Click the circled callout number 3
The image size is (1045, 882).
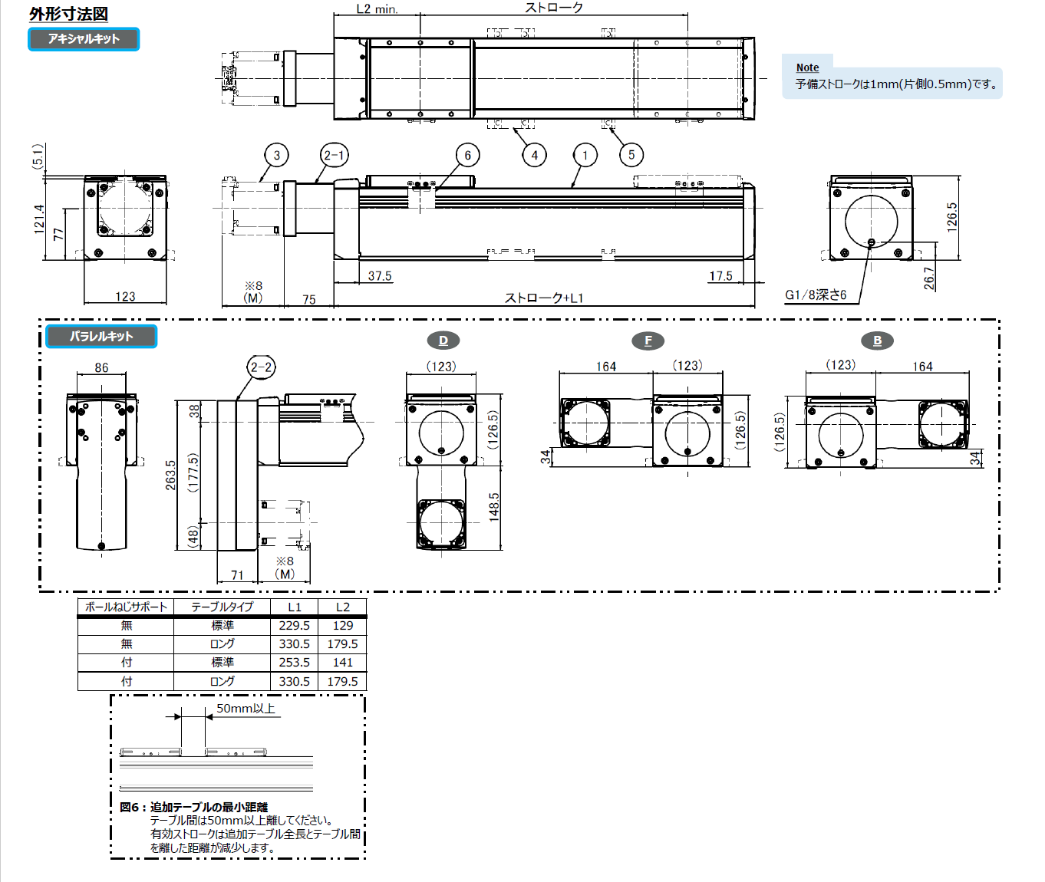[x=277, y=155]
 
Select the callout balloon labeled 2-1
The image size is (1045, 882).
[x=335, y=155]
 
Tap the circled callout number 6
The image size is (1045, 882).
[x=467, y=155]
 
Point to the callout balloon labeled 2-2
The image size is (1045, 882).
[x=261, y=367]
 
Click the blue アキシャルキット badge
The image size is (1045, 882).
[x=84, y=39]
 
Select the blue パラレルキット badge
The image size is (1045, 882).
[x=101, y=336]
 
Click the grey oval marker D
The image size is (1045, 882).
[x=443, y=341]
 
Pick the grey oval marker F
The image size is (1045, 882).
[x=648, y=341]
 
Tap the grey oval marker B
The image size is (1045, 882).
[x=877, y=341]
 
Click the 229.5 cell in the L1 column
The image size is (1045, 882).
[x=295, y=626]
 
